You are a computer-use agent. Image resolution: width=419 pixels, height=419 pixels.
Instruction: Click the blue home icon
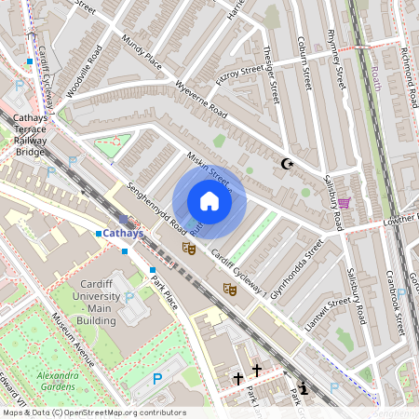tap(209, 201)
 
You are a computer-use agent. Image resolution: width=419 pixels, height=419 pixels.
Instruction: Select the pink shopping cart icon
tap(344, 203)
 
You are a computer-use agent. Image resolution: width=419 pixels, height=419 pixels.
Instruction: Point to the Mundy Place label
tap(142, 54)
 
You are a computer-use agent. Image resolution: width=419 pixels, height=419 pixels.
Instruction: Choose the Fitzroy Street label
tap(239, 74)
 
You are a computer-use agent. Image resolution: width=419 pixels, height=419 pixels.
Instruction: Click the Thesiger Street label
tap(274, 74)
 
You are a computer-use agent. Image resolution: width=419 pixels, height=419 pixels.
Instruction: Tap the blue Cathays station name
tap(123, 234)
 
